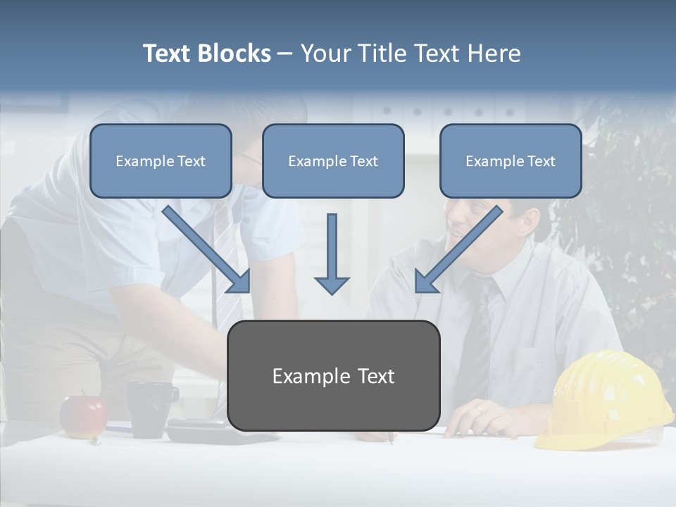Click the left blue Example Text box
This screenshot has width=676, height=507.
[161, 161]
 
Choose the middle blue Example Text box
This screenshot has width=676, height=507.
[333, 161]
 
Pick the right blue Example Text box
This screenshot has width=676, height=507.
[511, 161]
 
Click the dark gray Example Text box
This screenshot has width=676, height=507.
[334, 376]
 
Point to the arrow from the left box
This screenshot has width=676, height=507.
[206, 249]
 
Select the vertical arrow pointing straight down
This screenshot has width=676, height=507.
[332, 254]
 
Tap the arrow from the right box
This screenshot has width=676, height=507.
[458, 249]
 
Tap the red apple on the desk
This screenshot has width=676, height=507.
[82, 416]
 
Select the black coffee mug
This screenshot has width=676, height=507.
[150, 408]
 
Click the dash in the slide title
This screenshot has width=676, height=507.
[285, 54]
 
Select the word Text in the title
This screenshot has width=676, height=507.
[168, 54]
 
